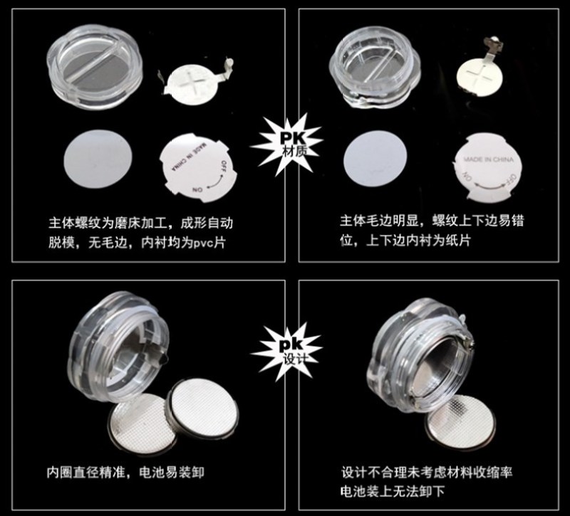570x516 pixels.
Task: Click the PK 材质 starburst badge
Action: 287,145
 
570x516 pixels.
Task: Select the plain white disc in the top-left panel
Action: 98,159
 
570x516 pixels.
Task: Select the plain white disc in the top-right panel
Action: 375,159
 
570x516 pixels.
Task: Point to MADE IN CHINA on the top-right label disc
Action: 489,159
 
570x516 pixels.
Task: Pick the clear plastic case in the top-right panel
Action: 375,66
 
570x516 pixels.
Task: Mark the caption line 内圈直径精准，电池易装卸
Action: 125,473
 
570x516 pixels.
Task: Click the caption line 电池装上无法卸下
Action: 393,492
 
